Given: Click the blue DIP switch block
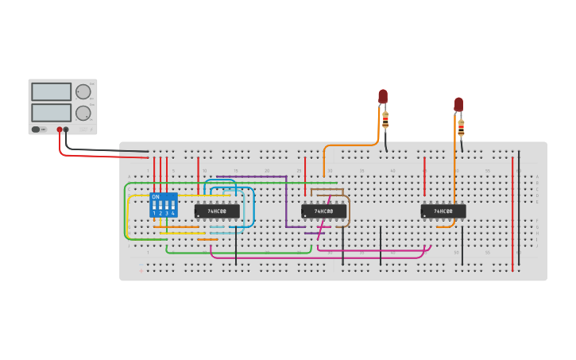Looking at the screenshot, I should [164, 205].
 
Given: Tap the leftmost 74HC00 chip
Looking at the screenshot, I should [217, 211].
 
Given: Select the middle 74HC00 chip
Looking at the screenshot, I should [323, 211].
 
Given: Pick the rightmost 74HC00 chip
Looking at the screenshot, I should [443, 211].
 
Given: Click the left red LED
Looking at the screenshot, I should [383, 96].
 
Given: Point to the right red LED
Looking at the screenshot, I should [458, 104].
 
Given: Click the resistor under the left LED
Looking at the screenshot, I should [385, 120].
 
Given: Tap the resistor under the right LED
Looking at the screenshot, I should [461, 127].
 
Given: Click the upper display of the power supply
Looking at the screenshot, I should [51, 91].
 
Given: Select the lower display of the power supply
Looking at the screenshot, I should [51, 113].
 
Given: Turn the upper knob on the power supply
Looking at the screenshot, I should [83, 91].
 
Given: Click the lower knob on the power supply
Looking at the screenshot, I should [83, 113].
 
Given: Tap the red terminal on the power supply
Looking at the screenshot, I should [59, 130].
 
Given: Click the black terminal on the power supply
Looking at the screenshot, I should [66, 130].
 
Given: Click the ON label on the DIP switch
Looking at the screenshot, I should [155, 196].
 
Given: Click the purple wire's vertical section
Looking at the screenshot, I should [286, 203].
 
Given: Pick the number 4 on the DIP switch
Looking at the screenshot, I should [173, 214].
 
